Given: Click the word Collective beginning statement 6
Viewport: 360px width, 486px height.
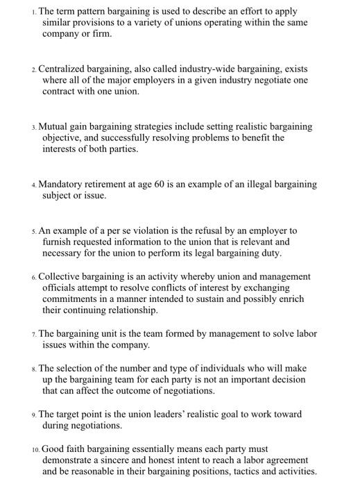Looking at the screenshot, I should (x=62, y=276).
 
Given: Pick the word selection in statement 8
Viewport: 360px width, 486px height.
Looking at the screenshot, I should (x=79, y=368).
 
